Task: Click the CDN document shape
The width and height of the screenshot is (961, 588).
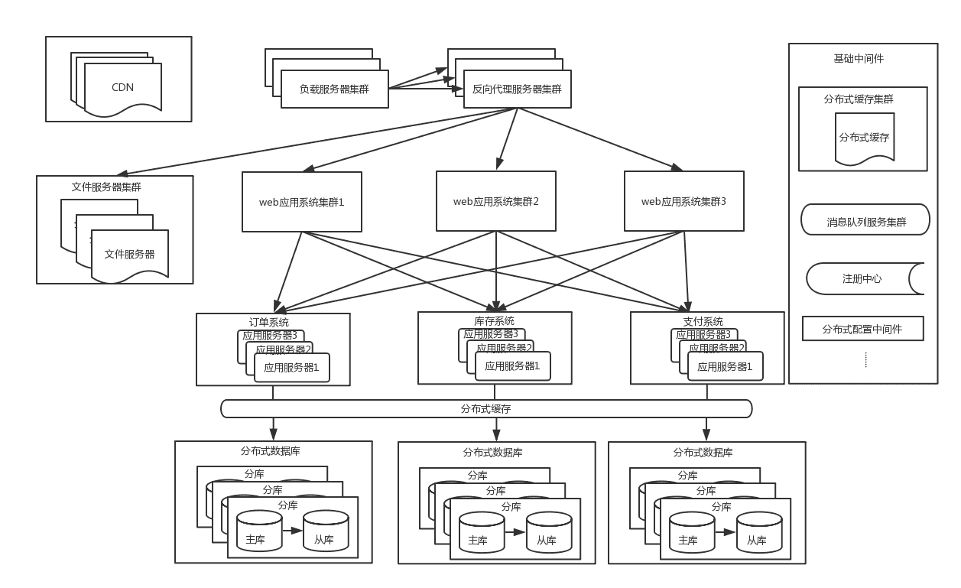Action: pyautogui.click(x=122, y=88)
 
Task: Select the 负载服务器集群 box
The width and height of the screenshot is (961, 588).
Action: pyautogui.click(x=334, y=89)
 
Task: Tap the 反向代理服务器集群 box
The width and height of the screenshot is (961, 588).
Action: pyautogui.click(x=517, y=89)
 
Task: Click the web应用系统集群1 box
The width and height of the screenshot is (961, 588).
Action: pyautogui.click(x=301, y=202)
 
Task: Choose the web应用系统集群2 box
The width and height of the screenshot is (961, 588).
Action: pyautogui.click(x=495, y=201)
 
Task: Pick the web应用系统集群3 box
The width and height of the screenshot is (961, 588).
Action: pyautogui.click(x=683, y=201)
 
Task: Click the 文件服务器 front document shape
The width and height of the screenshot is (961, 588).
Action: pyautogui.click(x=129, y=255)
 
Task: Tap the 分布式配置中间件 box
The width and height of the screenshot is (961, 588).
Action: pyautogui.click(x=862, y=329)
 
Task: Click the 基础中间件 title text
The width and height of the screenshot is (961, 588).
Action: pyautogui.click(x=858, y=59)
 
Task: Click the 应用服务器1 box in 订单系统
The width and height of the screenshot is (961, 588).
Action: pyautogui.click(x=291, y=367)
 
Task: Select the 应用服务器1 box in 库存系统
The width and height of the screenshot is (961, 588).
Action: pyautogui.click(x=512, y=366)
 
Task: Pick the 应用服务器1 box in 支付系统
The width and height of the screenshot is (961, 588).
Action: pyautogui.click(x=725, y=366)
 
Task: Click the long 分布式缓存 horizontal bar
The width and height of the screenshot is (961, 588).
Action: pyautogui.click(x=485, y=409)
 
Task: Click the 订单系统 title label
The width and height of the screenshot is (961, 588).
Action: pyautogui.click(x=269, y=322)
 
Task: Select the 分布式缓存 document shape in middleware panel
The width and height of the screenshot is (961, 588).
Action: pyautogui.click(x=864, y=138)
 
